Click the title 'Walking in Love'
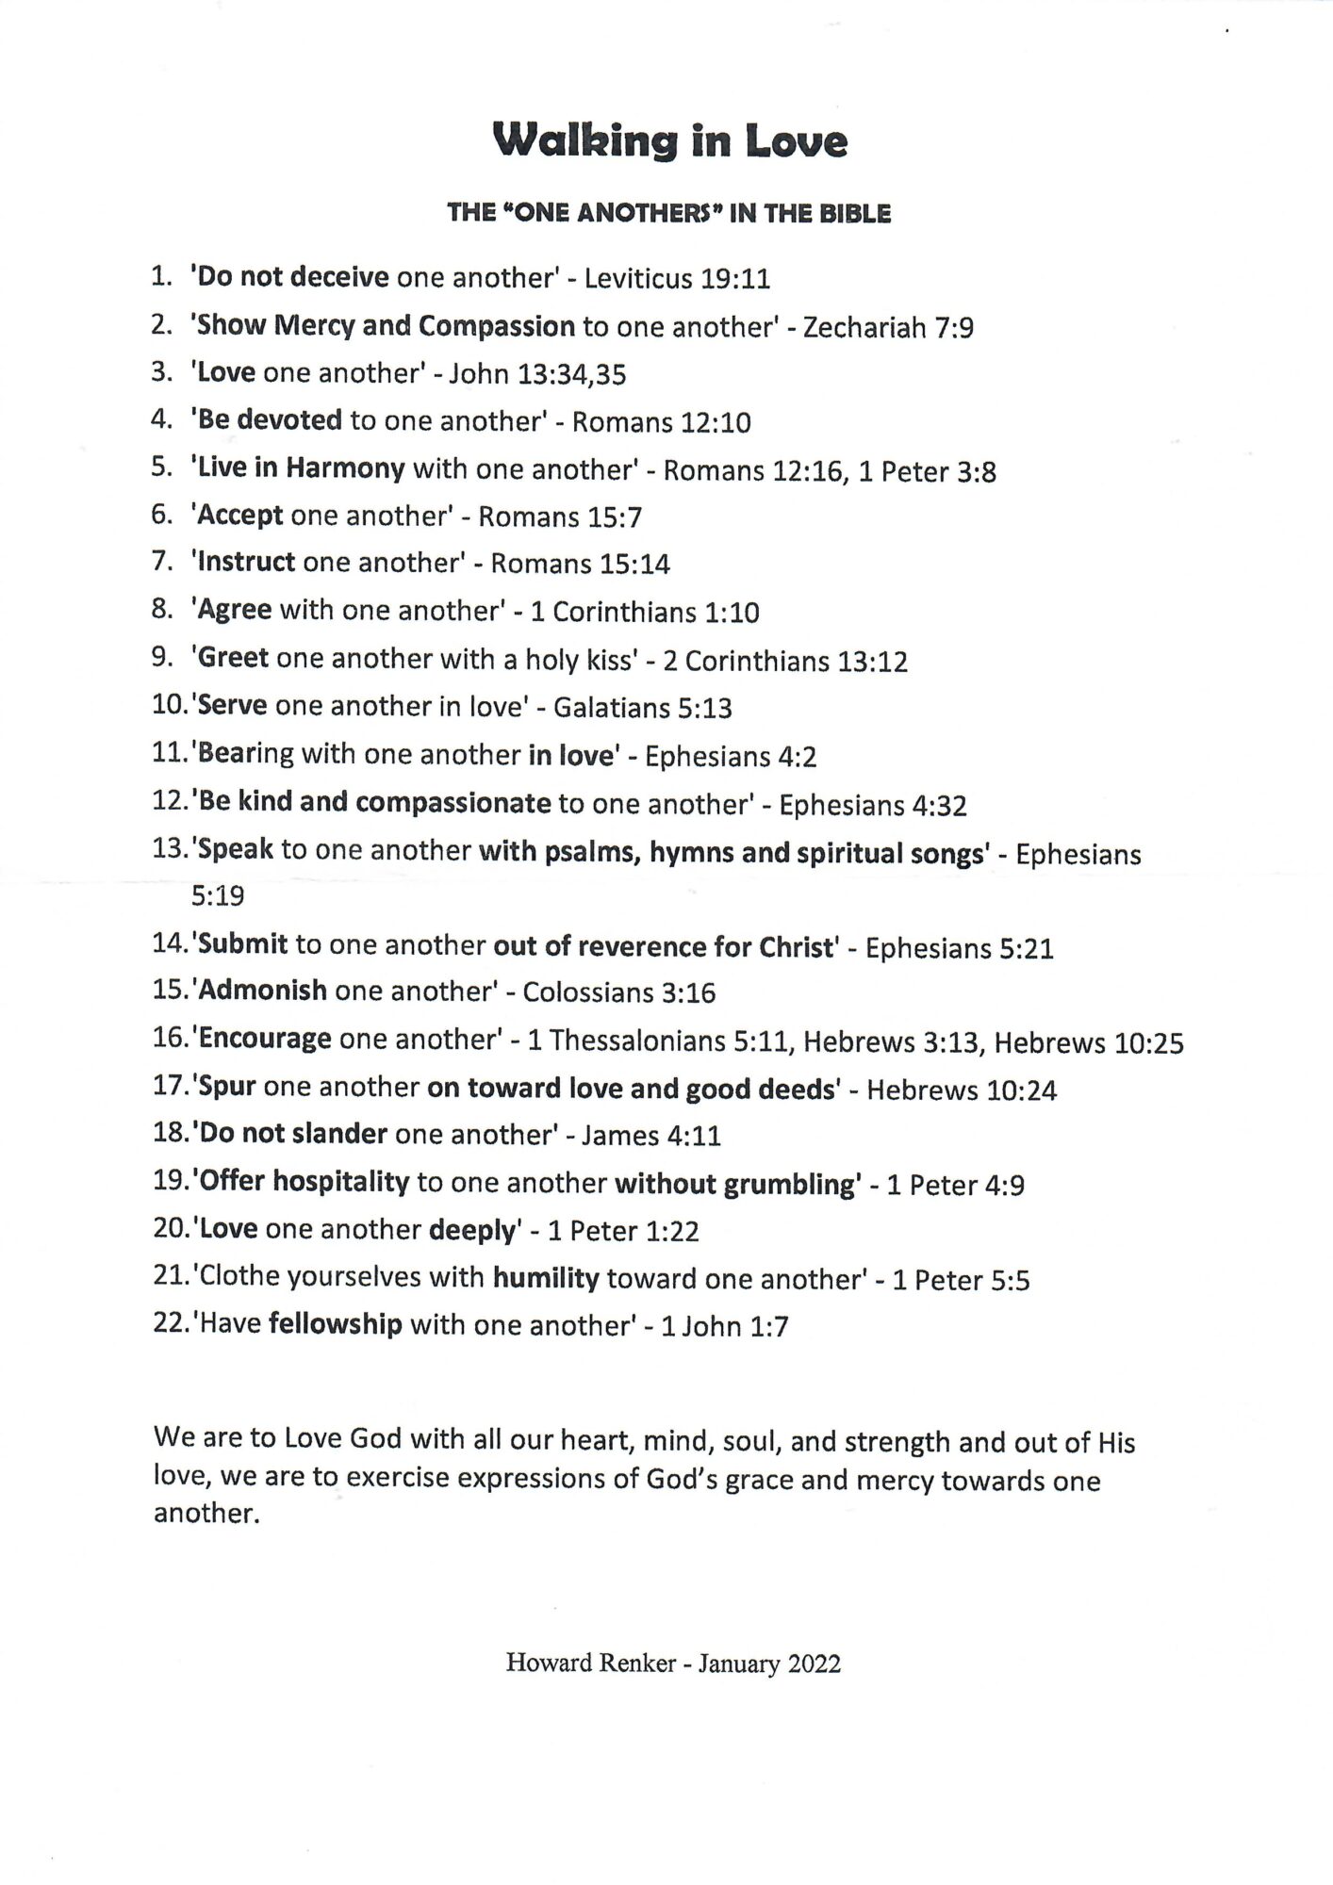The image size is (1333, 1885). coord(669,142)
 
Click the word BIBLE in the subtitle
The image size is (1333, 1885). coord(853,214)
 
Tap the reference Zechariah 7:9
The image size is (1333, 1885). coord(888,328)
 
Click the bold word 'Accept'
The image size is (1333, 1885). coord(240,516)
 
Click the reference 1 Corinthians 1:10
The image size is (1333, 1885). coord(645,613)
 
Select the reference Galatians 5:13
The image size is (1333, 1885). coord(642,708)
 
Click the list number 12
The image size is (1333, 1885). coord(170,802)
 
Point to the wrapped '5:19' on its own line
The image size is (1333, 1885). coord(218,895)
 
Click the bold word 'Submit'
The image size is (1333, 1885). coord(243,944)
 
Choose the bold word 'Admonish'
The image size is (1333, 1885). coord(264,992)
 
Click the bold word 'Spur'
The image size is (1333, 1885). coord(228,1088)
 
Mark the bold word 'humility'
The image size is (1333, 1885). coord(546,1279)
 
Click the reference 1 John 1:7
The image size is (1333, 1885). coord(724,1327)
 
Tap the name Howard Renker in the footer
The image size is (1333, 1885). coord(590,1664)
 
